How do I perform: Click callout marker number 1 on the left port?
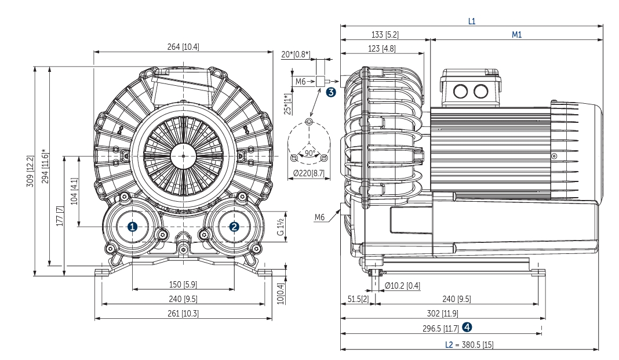coord(133,227)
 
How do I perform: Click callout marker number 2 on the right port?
coord(234,227)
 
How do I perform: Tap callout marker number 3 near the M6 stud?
coord(330,92)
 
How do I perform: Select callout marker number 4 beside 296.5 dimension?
coord(467,327)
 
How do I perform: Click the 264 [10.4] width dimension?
coord(183,47)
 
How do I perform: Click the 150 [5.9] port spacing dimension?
coord(183,284)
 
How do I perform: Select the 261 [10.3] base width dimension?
coord(183,314)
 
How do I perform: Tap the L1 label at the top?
coord(472,21)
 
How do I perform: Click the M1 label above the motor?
coord(516,35)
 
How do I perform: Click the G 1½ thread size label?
coord(279,227)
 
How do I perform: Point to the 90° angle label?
coord(310,152)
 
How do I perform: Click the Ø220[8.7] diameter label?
coord(309,172)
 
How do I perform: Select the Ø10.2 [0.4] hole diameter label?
coord(402,285)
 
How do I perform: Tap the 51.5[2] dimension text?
coord(358,299)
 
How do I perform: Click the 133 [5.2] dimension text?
coord(385,35)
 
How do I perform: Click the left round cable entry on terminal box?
coord(461,91)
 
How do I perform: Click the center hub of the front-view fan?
coord(183,155)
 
